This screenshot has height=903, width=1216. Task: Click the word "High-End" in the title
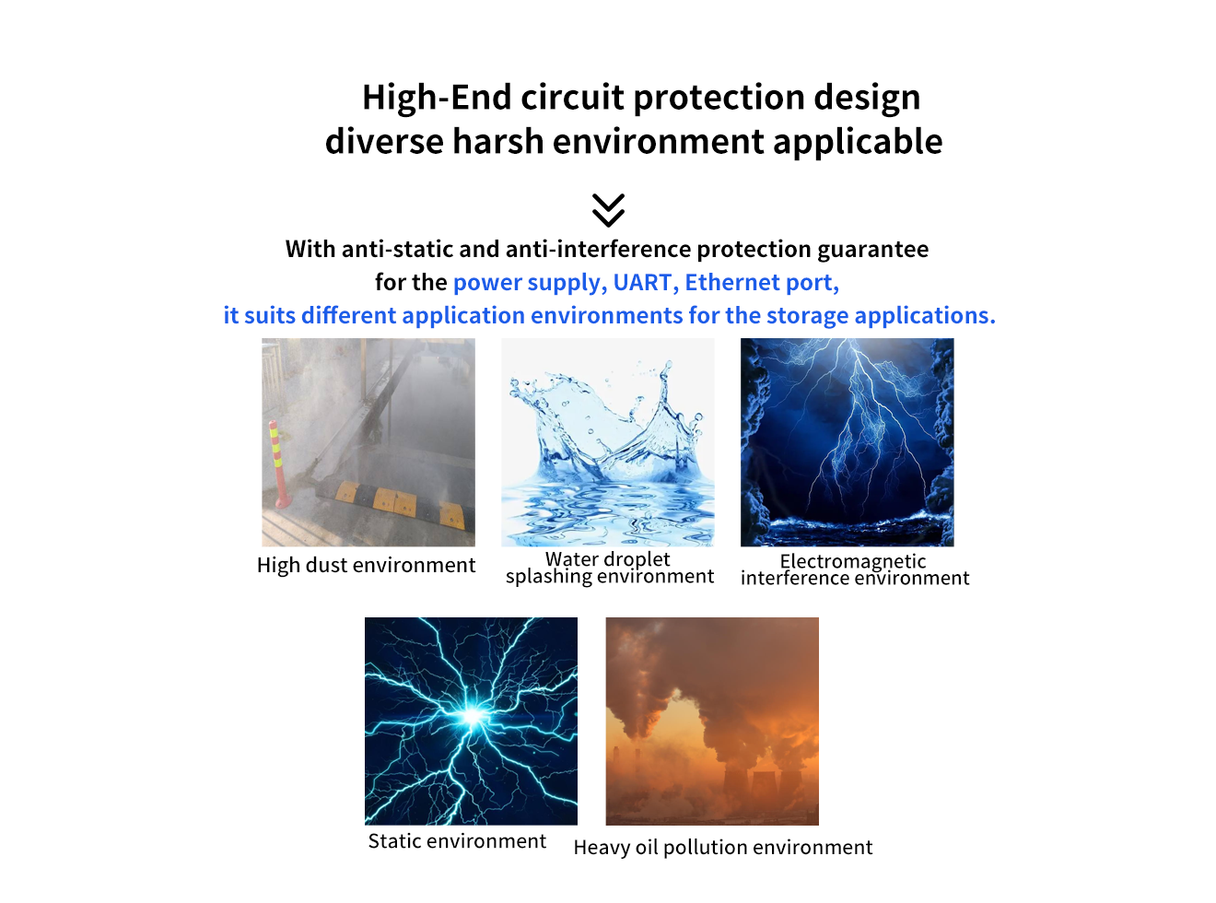coord(437,97)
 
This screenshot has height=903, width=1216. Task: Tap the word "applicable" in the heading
coord(858,142)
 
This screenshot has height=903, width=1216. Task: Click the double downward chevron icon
coord(608,210)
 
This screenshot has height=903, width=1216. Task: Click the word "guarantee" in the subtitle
coord(872,250)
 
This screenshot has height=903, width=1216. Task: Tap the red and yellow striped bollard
coord(278,463)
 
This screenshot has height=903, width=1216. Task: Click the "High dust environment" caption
coord(366,565)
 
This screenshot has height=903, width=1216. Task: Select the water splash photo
coord(607,442)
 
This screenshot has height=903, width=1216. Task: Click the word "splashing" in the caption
coord(549,577)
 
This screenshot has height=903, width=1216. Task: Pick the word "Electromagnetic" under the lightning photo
coord(852,561)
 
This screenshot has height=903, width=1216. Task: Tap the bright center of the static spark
coord(472,715)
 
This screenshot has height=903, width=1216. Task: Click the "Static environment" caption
coord(457,841)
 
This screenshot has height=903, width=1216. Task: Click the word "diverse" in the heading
coord(384,142)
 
